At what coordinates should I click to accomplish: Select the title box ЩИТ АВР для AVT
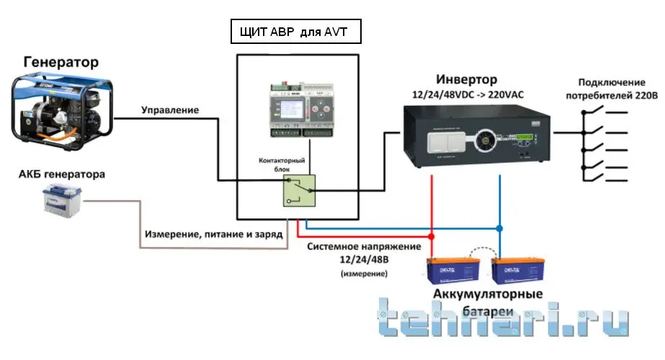(x=295, y=32)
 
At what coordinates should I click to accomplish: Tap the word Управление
(x=170, y=110)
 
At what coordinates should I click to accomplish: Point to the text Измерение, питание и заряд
(x=213, y=235)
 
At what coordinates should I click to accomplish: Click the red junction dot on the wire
(x=431, y=236)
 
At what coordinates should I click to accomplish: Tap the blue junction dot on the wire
(x=499, y=228)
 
